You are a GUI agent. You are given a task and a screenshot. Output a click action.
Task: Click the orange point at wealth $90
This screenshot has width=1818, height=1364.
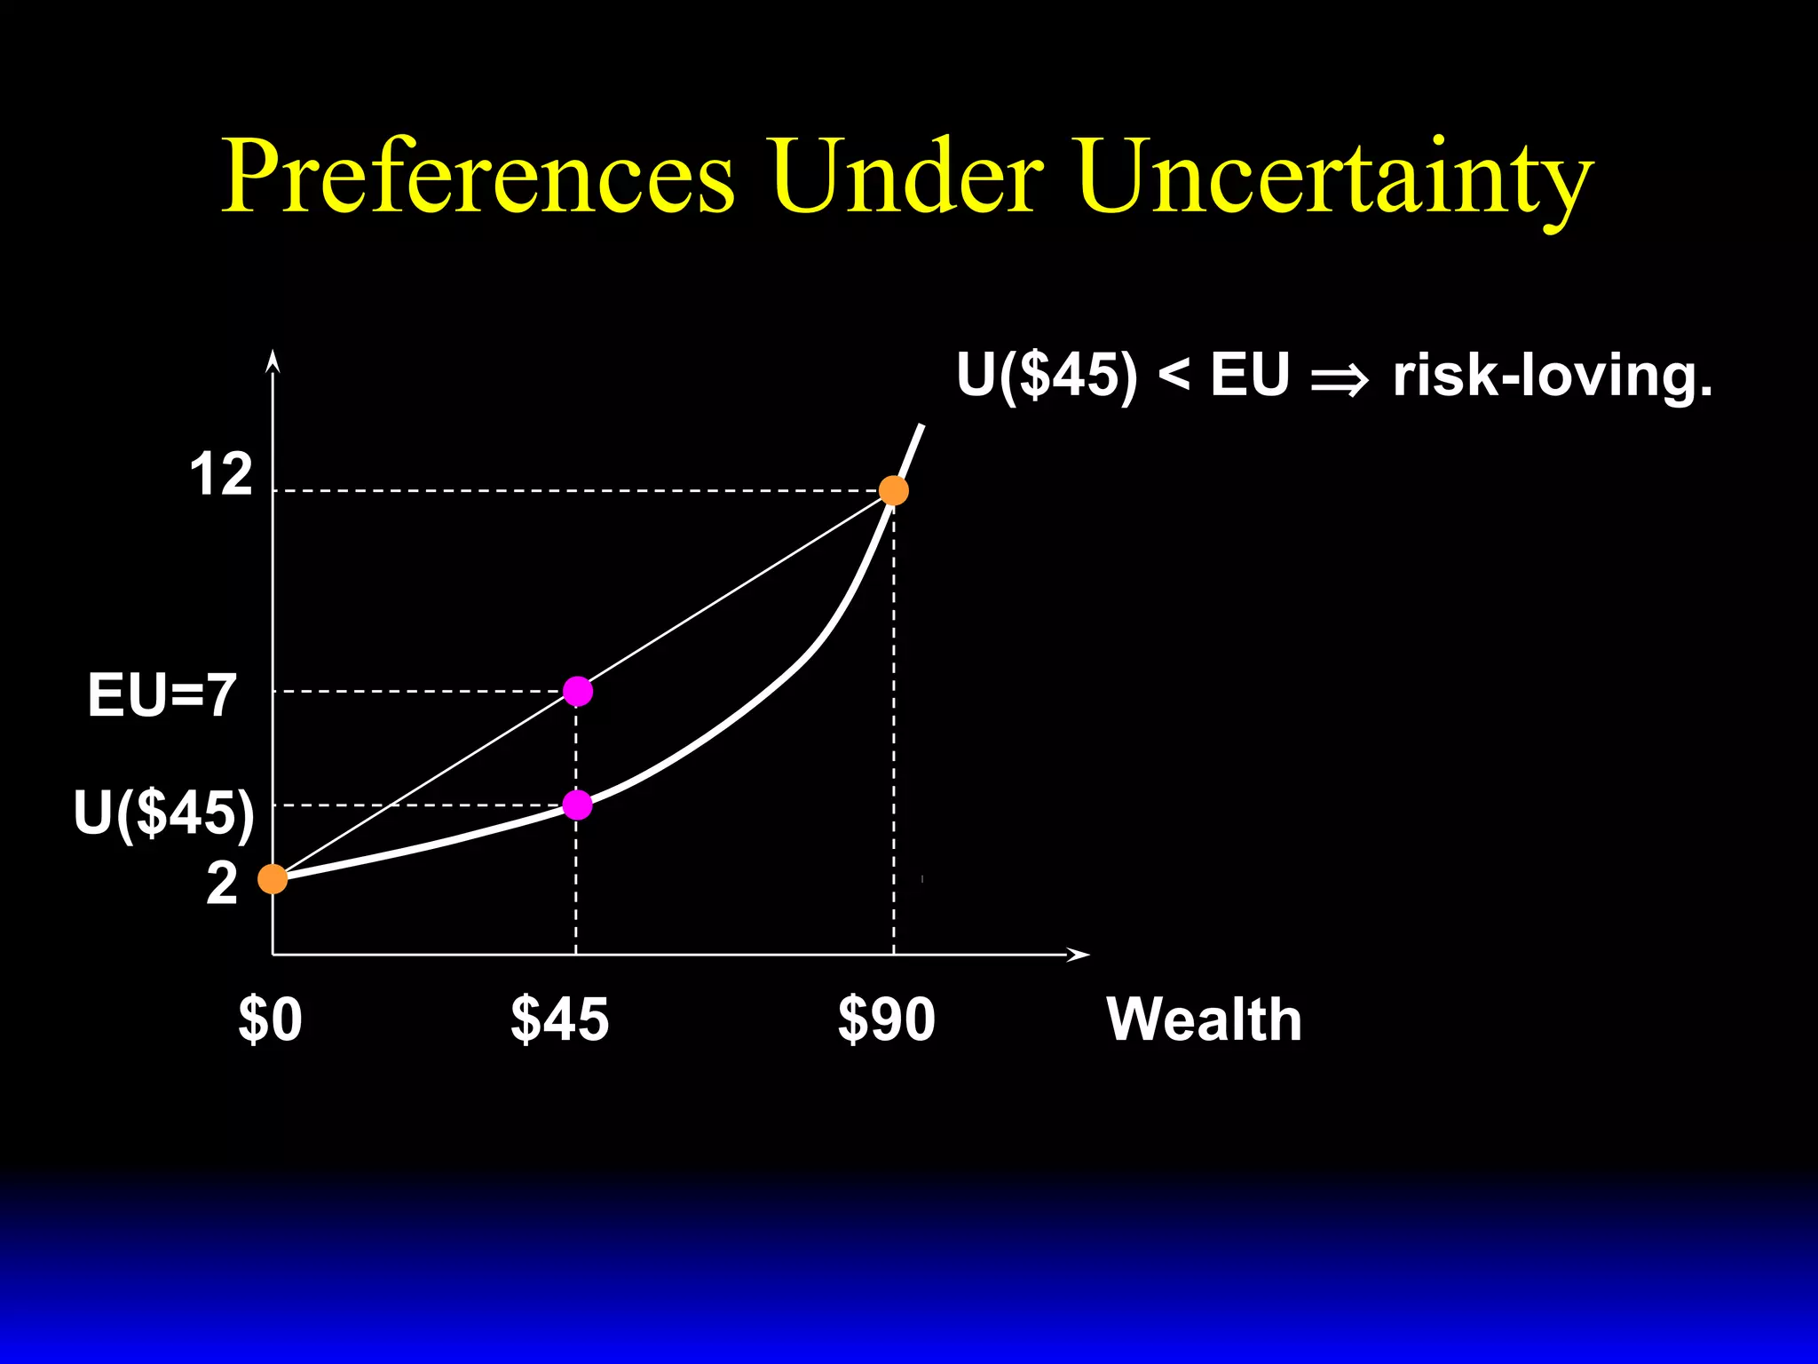coord(893,490)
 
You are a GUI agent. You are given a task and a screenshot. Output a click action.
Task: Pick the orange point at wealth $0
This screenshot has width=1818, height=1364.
coord(273,879)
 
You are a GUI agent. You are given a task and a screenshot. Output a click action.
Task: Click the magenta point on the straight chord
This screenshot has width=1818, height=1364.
coord(578,691)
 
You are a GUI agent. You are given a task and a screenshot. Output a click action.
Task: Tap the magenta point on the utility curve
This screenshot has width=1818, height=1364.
coord(578,805)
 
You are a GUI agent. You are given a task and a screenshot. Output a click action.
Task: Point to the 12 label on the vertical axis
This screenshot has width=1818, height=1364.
coord(221,475)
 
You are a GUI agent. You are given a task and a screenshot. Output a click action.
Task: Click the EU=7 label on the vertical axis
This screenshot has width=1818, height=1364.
coord(162,695)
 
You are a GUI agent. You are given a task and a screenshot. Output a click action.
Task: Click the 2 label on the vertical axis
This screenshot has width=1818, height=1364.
coord(222,884)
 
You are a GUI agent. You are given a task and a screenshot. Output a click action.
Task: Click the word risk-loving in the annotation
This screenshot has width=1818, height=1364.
coord(1552,376)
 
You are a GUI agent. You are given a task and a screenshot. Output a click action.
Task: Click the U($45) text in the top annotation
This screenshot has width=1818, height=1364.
coord(1047,376)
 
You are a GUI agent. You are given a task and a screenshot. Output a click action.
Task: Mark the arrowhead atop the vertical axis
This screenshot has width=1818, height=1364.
coord(273,360)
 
